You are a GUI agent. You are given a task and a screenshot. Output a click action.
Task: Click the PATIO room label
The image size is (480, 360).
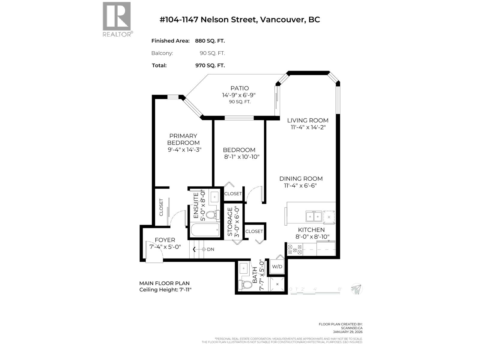[239, 88]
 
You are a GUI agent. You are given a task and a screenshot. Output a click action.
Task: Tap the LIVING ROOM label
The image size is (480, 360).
[307, 120]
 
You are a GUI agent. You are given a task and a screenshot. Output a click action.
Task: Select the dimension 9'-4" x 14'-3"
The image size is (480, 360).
[184, 149]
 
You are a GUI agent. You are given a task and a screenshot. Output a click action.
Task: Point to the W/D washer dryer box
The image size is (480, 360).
[277, 267]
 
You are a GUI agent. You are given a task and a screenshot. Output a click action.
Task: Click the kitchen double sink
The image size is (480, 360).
[314, 216]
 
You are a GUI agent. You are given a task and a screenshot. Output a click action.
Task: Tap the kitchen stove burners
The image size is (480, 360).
[295, 250]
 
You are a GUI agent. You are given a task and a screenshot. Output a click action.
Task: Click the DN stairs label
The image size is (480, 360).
[211, 249]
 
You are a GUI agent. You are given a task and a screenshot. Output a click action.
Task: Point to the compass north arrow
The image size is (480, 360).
[357, 289]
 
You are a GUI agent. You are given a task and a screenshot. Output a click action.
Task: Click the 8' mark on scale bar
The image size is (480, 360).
[340, 289]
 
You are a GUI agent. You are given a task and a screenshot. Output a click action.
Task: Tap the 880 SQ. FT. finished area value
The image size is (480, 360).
[210, 41]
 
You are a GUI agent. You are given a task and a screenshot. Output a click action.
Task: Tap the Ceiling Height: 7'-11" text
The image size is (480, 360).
[165, 290]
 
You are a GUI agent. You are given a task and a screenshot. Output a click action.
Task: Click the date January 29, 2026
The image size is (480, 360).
[348, 332]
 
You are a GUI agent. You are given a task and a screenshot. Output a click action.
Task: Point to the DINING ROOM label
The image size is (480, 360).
[301, 178]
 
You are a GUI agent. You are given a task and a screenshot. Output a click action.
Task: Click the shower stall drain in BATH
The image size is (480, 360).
[277, 283]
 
